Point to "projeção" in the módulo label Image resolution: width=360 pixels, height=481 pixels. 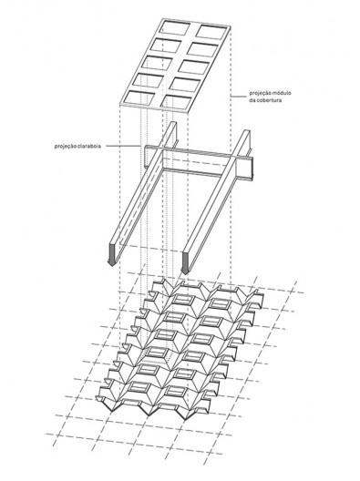coord(259,93)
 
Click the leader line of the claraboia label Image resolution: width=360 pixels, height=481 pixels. coord(123,146)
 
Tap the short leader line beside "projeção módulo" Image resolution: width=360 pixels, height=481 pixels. coord(239,97)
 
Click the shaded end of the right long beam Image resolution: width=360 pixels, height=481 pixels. coord(184,261)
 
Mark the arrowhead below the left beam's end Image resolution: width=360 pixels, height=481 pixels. coord(111,263)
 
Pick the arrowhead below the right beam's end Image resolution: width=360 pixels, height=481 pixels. coord(184,271)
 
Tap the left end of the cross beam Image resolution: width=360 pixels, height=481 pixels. coord(147,156)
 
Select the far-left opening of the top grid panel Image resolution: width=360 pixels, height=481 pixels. coord(175,27)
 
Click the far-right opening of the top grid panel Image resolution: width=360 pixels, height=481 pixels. coord(211,32)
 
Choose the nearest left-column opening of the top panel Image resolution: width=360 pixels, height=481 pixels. coord(139,99)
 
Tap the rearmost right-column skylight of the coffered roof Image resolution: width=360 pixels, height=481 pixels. coord(220,304)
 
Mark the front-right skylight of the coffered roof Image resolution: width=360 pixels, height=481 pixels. coord(175,390)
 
